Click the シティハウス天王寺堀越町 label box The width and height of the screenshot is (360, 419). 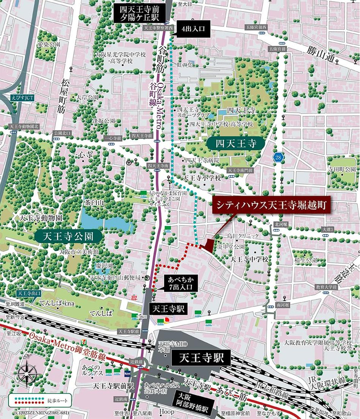[x=272, y=206]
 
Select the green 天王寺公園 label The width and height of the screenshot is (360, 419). [x=69, y=236]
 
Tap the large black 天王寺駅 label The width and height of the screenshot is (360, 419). [x=200, y=357]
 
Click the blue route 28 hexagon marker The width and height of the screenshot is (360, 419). [x=279, y=157]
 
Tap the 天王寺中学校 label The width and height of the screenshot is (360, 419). [x=249, y=259]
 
